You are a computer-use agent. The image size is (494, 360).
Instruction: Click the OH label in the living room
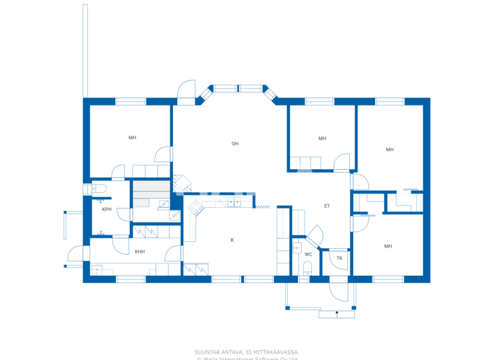click(x=235, y=143)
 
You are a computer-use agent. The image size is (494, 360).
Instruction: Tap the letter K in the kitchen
click(x=232, y=240)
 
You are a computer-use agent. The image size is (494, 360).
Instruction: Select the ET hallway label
click(x=327, y=206)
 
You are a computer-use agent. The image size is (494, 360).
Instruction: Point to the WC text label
click(x=308, y=254)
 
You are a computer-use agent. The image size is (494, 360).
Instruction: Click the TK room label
click(x=339, y=258)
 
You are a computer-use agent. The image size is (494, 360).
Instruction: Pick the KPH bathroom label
click(x=107, y=209)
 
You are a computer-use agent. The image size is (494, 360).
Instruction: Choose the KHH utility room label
click(x=140, y=251)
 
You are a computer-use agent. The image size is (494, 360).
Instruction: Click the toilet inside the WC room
click(x=307, y=267)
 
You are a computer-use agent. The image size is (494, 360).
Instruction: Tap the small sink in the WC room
click(x=297, y=246)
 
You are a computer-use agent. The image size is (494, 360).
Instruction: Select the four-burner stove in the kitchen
click(x=192, y=206)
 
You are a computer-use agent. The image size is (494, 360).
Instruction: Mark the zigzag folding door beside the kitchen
click(x=262, y=206)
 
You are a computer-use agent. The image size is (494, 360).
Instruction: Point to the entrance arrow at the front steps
click(x=336, y=314)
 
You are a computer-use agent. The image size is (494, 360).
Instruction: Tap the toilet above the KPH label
click(x=98, y=188)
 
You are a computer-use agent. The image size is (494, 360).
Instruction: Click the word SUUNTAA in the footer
click(x=209, y=352)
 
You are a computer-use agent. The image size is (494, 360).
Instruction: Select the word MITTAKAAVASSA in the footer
click(x=278, y=352)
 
